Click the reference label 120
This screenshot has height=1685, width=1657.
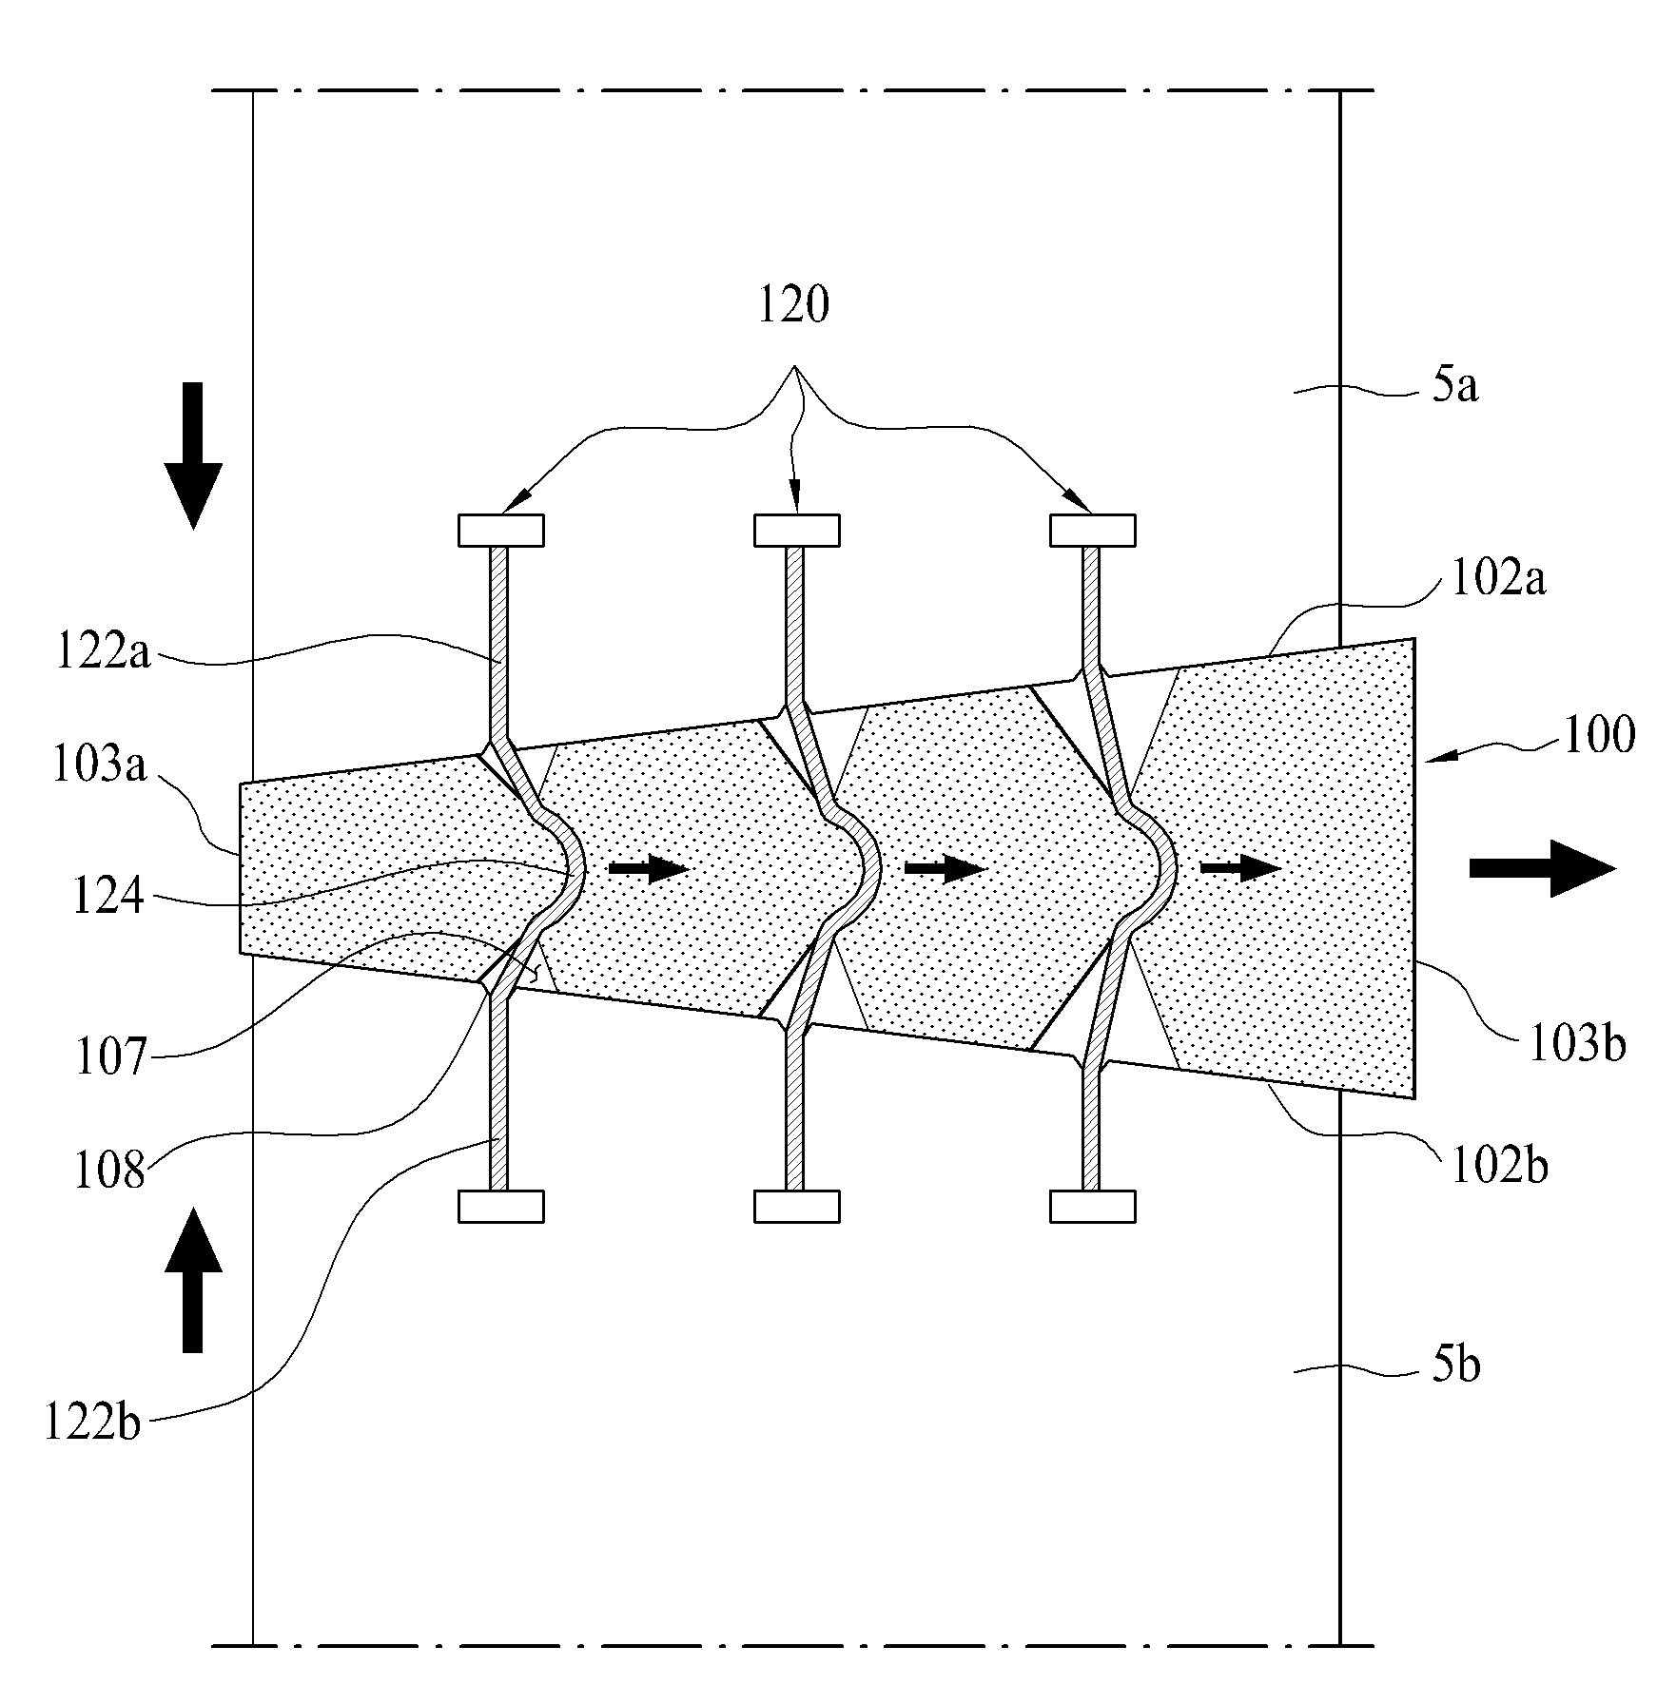click(793, 306)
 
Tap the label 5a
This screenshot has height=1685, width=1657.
click(1455, 387)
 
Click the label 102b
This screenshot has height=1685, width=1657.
click(1500, 1166)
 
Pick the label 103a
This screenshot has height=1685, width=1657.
click(100, 765)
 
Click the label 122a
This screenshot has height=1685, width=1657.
click(104, 655)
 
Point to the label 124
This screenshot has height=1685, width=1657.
click(107, 896)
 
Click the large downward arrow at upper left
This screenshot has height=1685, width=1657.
click(193, 455)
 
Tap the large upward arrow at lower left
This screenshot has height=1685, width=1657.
click(193, 1280)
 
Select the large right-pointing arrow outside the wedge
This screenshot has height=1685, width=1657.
click(1543, 868)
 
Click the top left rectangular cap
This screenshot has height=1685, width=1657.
click(501, 531)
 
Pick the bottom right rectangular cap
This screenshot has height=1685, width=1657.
click(1093, 1206)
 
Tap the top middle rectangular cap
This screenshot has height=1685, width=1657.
click(797, 531)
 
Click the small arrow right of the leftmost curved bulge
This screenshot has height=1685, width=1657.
click(648, 867)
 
